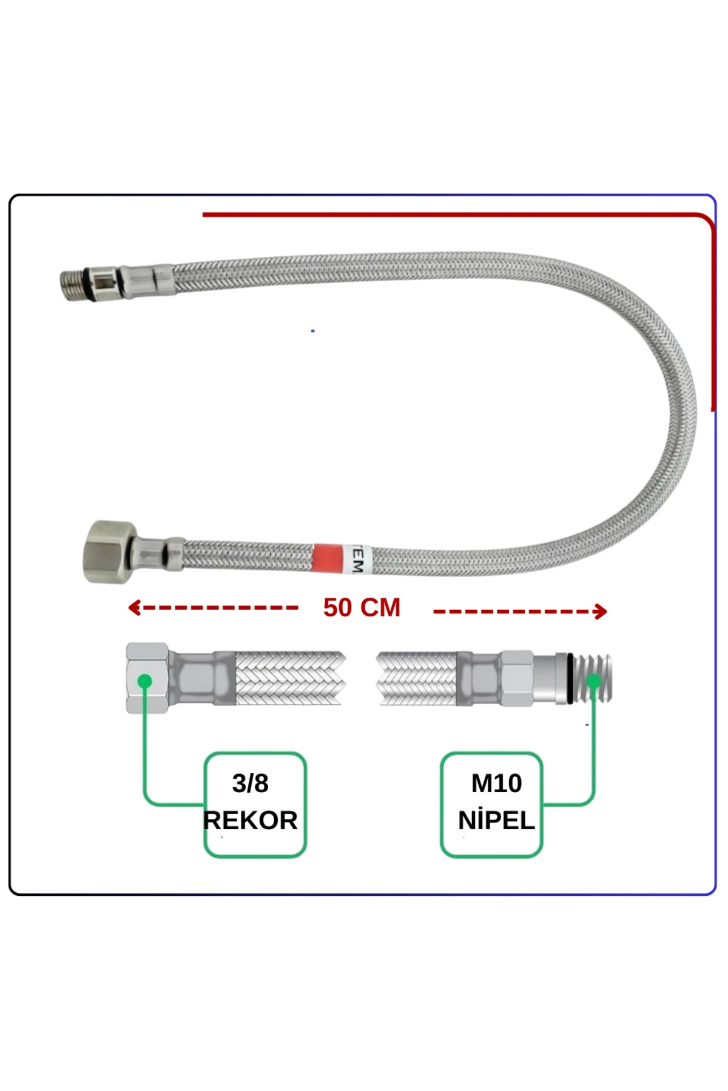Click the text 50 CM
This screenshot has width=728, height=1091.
pyautogui.click(x=362, y=608)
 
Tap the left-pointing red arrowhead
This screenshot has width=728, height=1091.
pyautogui.click(x=134, y=607)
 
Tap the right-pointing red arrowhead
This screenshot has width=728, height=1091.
pyautogui.click(x=601, y=611)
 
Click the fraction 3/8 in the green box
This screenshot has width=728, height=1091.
pyautogui.click(x=250, y=783)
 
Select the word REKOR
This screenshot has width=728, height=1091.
pyautogui.click(x=251, y=820)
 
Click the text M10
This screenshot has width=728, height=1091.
pyautogui.click(x=496, y=783)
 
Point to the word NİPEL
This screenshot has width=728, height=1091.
pyautogui.click(x=496, y=820)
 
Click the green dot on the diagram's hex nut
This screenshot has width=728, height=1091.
pyautogui.click(x=144, y=681)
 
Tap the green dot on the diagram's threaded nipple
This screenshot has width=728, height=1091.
pyautogui.click(x=593, y=681)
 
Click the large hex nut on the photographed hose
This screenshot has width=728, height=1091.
pyautogui.click(x=108, y=551)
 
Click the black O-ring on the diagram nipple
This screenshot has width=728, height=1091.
pyautogui.click(x=570, y=679)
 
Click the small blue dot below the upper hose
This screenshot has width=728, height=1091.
pyautogui.click(x=312, y=331)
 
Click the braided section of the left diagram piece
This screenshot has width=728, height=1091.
pyautogui.click(x=288, y=679)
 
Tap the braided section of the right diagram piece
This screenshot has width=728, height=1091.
pyautogui.click(x=417, y=679)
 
